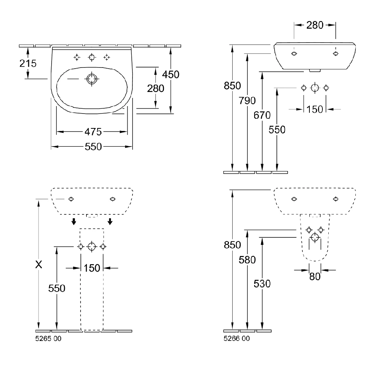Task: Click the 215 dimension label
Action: tap(28, 63)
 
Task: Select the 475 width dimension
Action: tap(93, 132)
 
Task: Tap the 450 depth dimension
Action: tap(171, 75)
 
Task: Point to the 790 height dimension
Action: tap(247, 101)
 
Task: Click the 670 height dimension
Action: tap(262, 115)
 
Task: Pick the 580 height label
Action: tap(247, 260)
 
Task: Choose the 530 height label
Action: tap(262, 283)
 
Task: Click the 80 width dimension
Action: tap(315, 276)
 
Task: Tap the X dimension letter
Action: tap(38, 264)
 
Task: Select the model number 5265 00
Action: tap(48, 338)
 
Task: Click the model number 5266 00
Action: tap(236, 338)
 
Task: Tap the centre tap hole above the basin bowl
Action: tap(92, 57)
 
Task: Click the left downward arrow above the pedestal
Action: tap(74, 221)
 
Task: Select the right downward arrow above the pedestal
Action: tap(110, 221)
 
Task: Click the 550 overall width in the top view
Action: tap(93, 147)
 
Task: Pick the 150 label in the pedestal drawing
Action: tap(92, 267)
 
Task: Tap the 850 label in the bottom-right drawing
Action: tap(233, 245)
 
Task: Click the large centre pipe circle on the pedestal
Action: tap(92, 247)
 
